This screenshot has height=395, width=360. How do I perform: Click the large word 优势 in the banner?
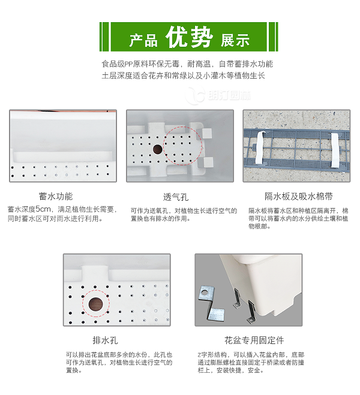190,38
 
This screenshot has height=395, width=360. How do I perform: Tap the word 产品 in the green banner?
143,41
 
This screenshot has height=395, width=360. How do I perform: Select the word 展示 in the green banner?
235,41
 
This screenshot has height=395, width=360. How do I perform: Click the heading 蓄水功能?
56,196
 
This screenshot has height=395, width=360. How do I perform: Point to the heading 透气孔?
176,197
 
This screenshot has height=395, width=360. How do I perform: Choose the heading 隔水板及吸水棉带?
299,196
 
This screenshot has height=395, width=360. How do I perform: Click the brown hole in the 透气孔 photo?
157,149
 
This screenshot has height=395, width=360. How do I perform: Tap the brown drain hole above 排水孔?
95,304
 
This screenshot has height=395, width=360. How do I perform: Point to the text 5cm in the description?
44,210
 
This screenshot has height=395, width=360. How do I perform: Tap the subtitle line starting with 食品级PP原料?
187,64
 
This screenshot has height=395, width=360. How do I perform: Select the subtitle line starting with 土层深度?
183,76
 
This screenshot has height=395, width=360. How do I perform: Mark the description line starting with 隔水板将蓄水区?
298,211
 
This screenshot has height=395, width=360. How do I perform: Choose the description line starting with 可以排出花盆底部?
119,355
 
